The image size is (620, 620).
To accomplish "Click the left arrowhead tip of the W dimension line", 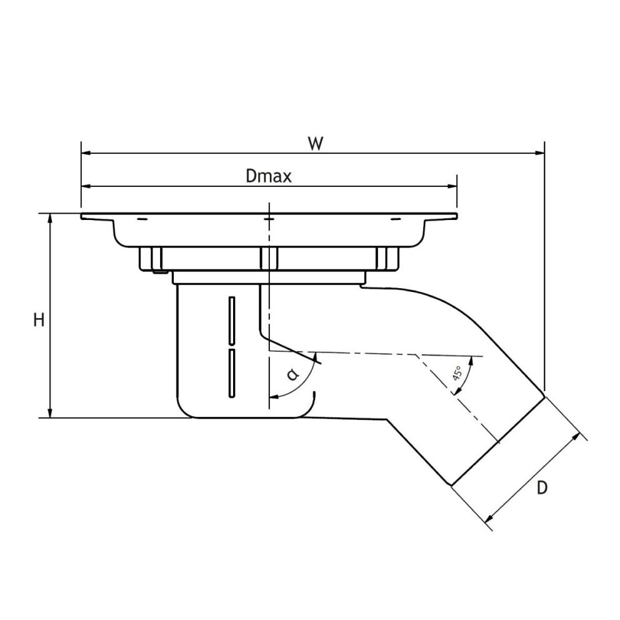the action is coord(81,152).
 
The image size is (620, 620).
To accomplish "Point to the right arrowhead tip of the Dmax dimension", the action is coord(457,186).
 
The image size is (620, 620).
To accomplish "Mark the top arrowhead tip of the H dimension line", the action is coord(50,214).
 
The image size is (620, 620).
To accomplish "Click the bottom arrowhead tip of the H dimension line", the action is coord(50,417).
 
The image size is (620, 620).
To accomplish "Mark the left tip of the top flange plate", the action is coord(81,216).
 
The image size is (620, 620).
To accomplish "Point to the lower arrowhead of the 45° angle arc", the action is coord(454,394).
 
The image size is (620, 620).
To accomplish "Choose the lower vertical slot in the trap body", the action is coord(232,373).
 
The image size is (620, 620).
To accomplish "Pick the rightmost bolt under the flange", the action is coord(387,259).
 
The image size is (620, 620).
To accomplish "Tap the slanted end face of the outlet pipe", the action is coord(499,441).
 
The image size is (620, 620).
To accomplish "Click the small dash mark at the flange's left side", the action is coord(142,219).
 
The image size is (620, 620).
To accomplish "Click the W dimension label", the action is coord(316,144).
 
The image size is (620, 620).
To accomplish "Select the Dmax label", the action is coord(269,176).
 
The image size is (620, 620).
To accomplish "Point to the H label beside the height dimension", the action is coord(39,319).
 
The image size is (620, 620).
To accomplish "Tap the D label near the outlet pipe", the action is coord(542,488).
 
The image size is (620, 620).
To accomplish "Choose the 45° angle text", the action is coord(457,373).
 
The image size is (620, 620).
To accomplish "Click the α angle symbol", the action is coord(292,374).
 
